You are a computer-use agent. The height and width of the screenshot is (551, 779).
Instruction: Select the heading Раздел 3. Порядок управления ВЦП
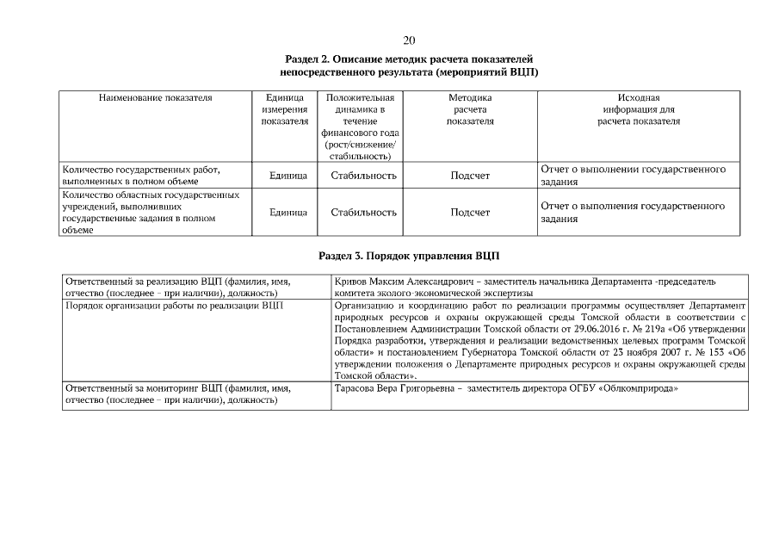409,257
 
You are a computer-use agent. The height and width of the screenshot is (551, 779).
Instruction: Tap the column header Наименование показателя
156,98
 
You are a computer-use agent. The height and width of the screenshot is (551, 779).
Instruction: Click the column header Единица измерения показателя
284,109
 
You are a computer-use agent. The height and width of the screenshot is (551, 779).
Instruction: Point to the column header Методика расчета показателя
470,109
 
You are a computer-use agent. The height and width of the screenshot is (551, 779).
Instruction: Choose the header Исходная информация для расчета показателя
638,109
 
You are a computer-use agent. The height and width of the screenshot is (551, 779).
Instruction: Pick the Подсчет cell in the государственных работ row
470,176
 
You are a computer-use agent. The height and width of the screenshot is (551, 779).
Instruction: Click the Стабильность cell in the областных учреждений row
363,212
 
